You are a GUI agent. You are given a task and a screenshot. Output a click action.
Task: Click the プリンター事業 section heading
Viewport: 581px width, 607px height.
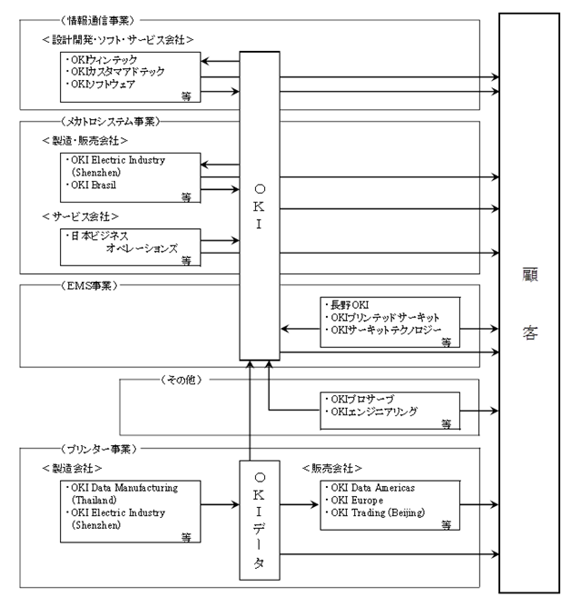pos(98,449)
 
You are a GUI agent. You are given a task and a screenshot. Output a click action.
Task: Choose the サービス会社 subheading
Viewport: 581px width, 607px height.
pos(83,217)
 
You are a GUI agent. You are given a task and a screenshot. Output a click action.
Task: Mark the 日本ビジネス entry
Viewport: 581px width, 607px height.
pos(98,235)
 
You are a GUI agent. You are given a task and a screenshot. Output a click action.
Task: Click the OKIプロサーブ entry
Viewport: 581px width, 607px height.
pos(364,398)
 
